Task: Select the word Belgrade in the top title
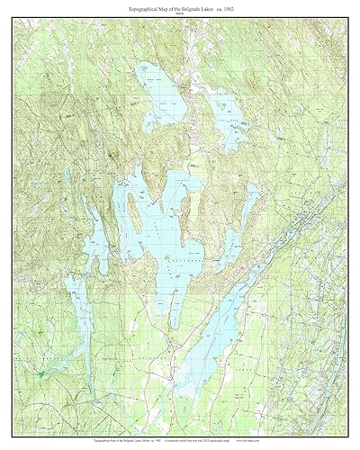(x=188, y=7)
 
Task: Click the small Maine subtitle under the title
(x=180, y=13)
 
